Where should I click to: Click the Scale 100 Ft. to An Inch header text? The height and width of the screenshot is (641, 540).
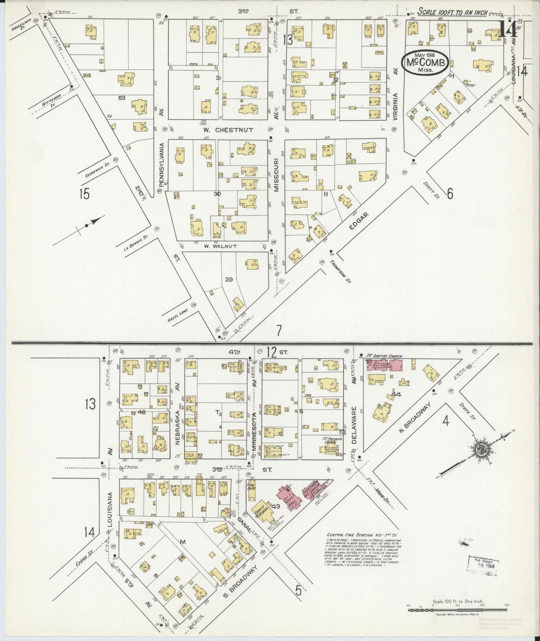pyautogui.click(x=452, y=12)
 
